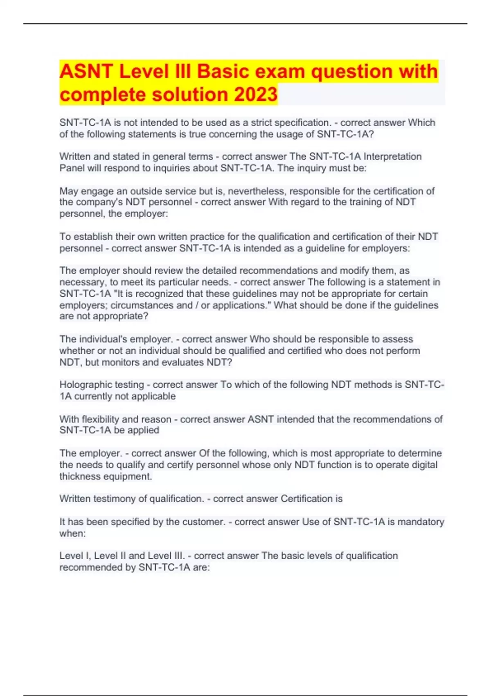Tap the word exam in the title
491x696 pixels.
278,71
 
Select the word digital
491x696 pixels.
423,465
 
